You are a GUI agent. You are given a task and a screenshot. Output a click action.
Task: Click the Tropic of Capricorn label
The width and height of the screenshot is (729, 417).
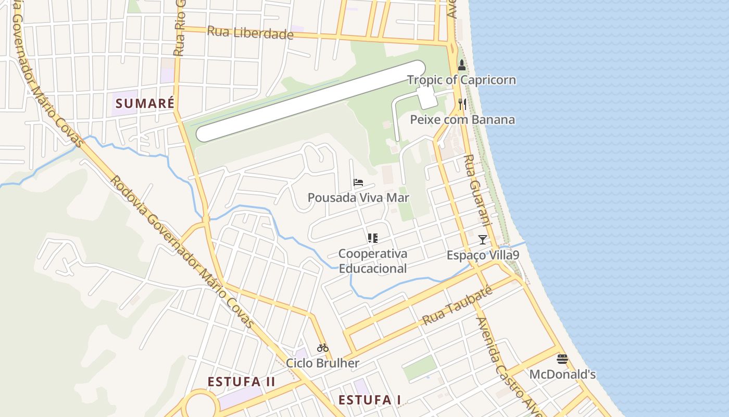point(461,80)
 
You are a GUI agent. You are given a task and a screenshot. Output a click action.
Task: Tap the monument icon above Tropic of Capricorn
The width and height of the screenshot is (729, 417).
point(461,65)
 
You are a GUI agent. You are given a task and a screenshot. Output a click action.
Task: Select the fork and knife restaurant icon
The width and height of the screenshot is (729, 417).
point(462,104)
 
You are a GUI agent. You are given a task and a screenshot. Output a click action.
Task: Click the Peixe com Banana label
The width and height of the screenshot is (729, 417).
point(462,119)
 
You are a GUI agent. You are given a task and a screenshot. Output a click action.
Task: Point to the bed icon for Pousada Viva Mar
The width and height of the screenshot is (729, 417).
point(358,182)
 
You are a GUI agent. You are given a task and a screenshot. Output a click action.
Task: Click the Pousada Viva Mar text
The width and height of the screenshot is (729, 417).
point(358,198)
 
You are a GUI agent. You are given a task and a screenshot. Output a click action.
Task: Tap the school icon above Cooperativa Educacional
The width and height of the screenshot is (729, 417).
point(372,238)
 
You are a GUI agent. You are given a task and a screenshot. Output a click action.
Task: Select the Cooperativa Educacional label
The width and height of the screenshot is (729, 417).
point(372,261)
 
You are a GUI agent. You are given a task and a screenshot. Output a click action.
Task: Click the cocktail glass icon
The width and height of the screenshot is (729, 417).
point(483,240)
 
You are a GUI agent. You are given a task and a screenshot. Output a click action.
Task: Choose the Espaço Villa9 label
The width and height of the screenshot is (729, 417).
point(483,255)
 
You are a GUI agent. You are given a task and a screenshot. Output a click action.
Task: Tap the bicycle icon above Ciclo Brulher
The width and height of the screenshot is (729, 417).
point(323,348)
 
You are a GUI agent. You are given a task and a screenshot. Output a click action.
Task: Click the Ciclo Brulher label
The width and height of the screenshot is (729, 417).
point(323,363)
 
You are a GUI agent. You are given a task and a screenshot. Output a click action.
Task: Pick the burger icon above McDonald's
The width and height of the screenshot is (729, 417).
point(562,359)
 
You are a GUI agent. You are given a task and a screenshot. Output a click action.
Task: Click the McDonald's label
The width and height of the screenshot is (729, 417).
point(562,374)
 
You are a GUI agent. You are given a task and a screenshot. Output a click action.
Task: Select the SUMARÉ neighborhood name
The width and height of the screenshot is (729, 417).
point(145,103)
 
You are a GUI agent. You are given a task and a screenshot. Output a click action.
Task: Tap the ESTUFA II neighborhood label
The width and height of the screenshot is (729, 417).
point(241,382)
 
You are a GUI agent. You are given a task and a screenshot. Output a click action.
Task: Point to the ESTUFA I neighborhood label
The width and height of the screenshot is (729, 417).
point(370,400)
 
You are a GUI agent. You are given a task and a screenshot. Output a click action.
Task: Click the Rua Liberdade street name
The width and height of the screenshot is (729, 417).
point(250,33)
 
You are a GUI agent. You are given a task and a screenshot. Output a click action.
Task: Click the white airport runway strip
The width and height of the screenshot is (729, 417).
point(311,101)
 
